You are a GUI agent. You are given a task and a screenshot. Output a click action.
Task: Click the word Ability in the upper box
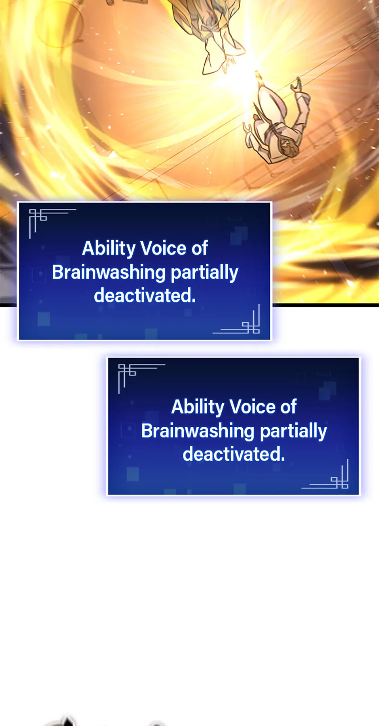tap(108, 248)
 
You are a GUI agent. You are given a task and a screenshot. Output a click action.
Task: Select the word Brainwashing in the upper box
tap(108, 273)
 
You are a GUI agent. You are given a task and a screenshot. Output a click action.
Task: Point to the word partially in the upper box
tap(204, 273)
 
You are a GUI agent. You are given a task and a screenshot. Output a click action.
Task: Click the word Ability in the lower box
tap(198, 407)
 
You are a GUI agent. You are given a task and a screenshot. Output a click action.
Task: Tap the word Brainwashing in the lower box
tap(198, 431)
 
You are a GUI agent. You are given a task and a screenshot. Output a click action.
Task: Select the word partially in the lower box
tap(294, 431)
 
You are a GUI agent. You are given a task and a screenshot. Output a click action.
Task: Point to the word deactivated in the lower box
tap(234, 454)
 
